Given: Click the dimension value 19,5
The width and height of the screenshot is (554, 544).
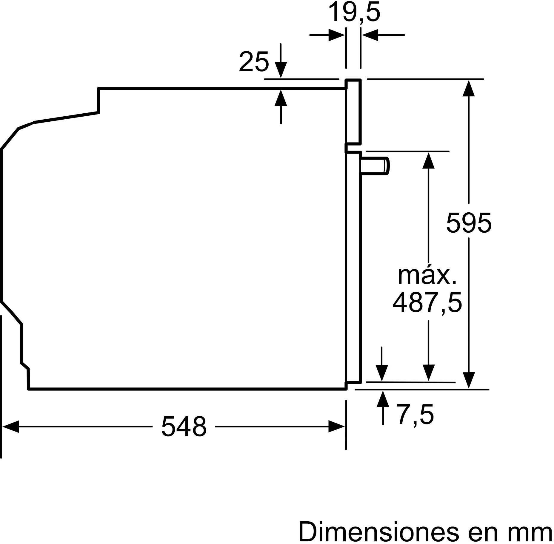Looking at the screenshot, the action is (354, 13).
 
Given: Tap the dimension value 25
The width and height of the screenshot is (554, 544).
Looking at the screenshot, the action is (254, 62).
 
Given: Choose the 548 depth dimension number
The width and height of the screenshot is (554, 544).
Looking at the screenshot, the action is (184, 426).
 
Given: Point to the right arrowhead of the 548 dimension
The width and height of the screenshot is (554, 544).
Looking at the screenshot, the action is (337, 426).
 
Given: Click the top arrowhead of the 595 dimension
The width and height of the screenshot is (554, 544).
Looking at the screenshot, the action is (469, 88).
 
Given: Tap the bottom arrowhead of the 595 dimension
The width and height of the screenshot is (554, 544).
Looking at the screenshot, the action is (469, 380).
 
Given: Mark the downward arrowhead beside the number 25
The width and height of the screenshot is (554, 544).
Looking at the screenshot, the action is (281, 70).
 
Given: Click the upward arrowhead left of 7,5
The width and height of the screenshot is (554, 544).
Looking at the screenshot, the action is (383, 399).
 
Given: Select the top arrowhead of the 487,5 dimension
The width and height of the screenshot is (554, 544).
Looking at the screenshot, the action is (429, 160).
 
